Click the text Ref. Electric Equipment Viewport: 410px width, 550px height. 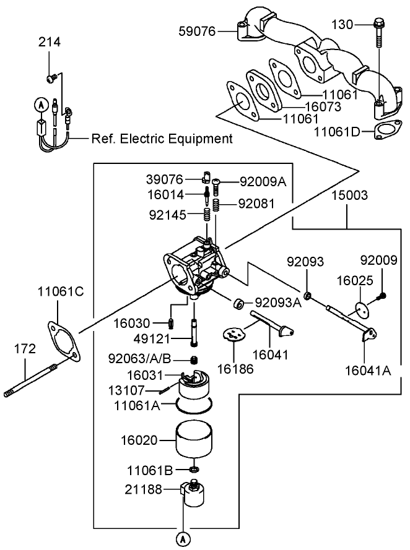pos(162,139)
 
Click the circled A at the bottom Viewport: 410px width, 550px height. pos(183,539)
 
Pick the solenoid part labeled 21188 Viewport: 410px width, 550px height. pos(193,496)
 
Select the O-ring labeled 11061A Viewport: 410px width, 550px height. pos(193,405)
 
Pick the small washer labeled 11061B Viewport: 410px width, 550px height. pos(193,470)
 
